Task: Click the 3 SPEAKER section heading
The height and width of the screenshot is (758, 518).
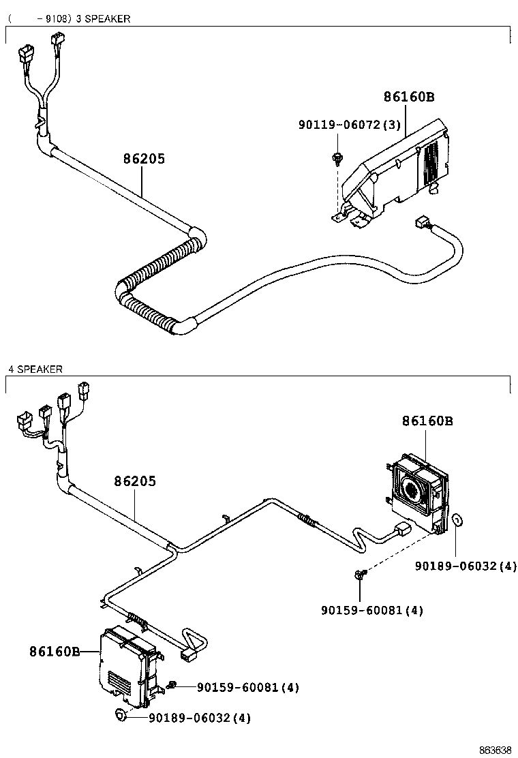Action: [103, 18]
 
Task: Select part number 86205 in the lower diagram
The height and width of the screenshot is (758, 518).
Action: [134, 481]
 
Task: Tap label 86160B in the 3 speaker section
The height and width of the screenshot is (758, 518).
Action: [408, 97]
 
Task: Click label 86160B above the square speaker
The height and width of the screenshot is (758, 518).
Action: [427, 421]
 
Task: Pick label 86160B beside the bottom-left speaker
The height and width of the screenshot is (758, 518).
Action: [55, 652]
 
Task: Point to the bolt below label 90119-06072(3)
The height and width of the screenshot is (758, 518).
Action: [337, 158]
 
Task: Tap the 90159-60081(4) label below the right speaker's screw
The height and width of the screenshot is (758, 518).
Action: [372, 610]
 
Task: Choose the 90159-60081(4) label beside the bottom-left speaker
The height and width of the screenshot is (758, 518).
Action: [248, 687]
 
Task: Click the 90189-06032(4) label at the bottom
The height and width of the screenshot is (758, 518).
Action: [200, 717]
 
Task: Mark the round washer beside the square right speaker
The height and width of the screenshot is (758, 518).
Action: [458, 521]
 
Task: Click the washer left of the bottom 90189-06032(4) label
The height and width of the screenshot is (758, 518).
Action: [121, 715]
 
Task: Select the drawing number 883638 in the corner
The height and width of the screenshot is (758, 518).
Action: [494, 750]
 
